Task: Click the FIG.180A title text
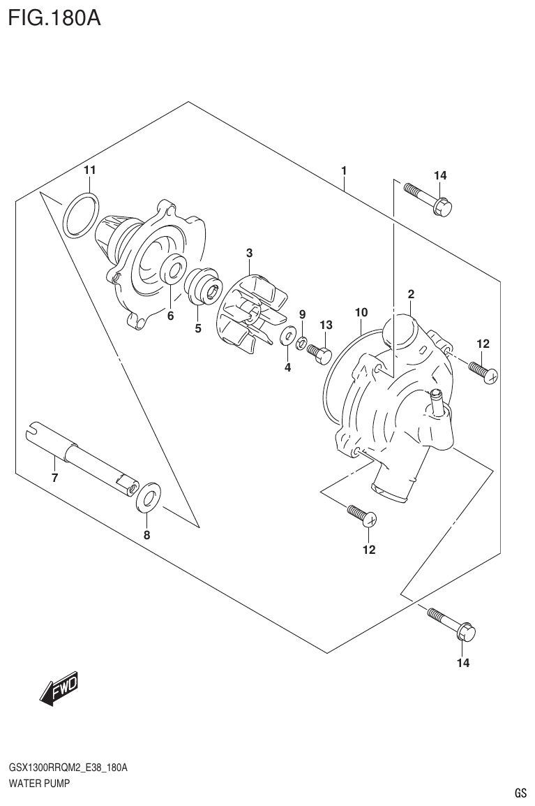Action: click(54, 17)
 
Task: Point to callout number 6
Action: click(170, 316)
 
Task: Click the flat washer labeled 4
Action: click(287, 338)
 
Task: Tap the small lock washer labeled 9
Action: click(302, 342)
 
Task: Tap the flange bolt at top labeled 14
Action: click(427, 198)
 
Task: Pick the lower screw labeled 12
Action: click(362, 515)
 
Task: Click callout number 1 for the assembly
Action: click(344, 170)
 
